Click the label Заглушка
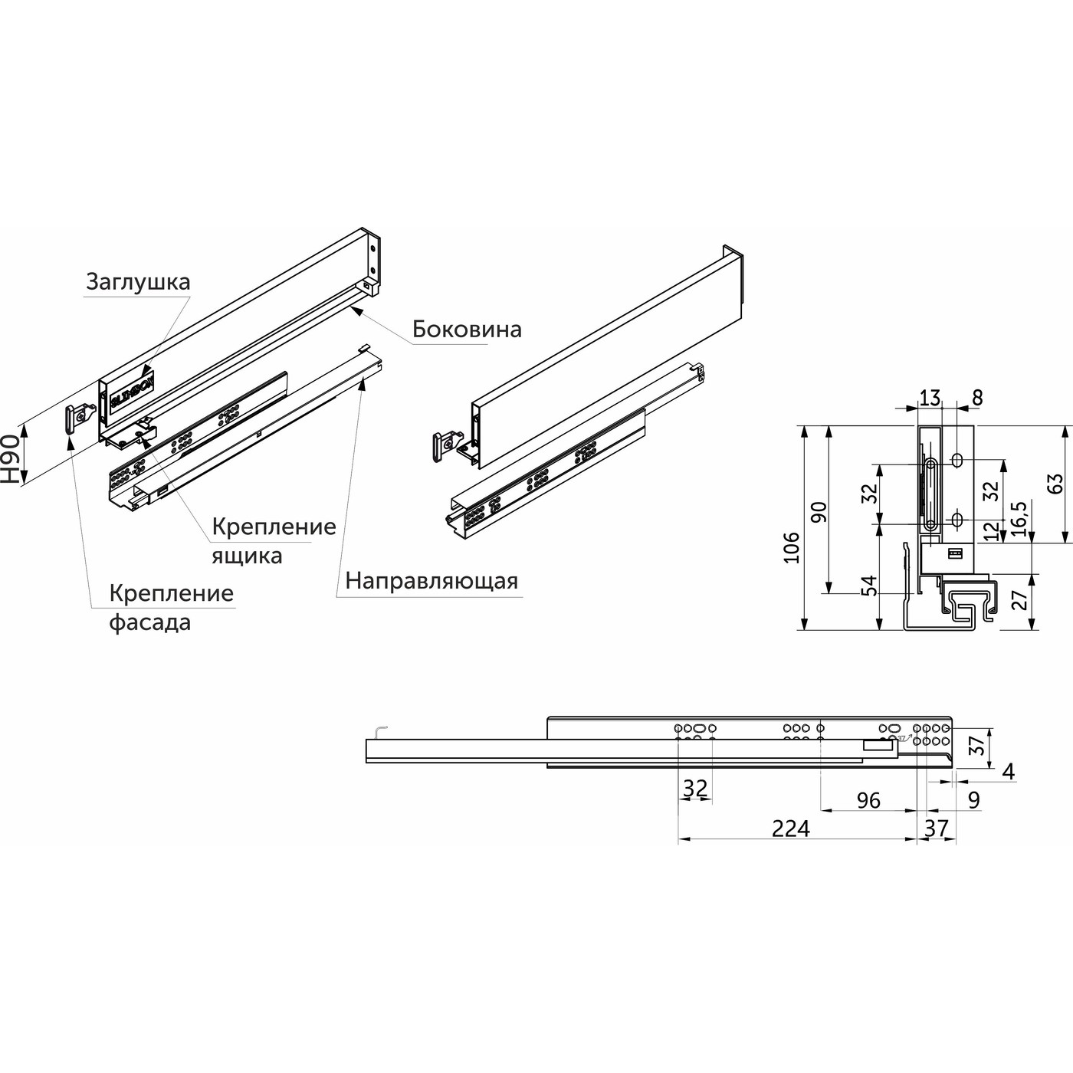(x=137, y=282)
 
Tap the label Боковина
(x=467, y=330)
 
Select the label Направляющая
(x=431, y=581)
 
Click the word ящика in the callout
(x=247, y=556)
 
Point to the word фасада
(x=149, y=622)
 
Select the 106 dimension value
(x=792, y=547)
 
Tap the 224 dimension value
(x=790, y=829)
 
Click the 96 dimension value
(x=868, y=800)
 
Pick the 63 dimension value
(x=1055, y=484)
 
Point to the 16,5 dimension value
(x=1019, y=521)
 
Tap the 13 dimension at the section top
(x=930, y=398)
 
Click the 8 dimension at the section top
(x=976, y=398)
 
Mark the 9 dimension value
(x=973, y=800)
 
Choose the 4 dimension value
(x=1009, y=772)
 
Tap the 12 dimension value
(x=993, y=531)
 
